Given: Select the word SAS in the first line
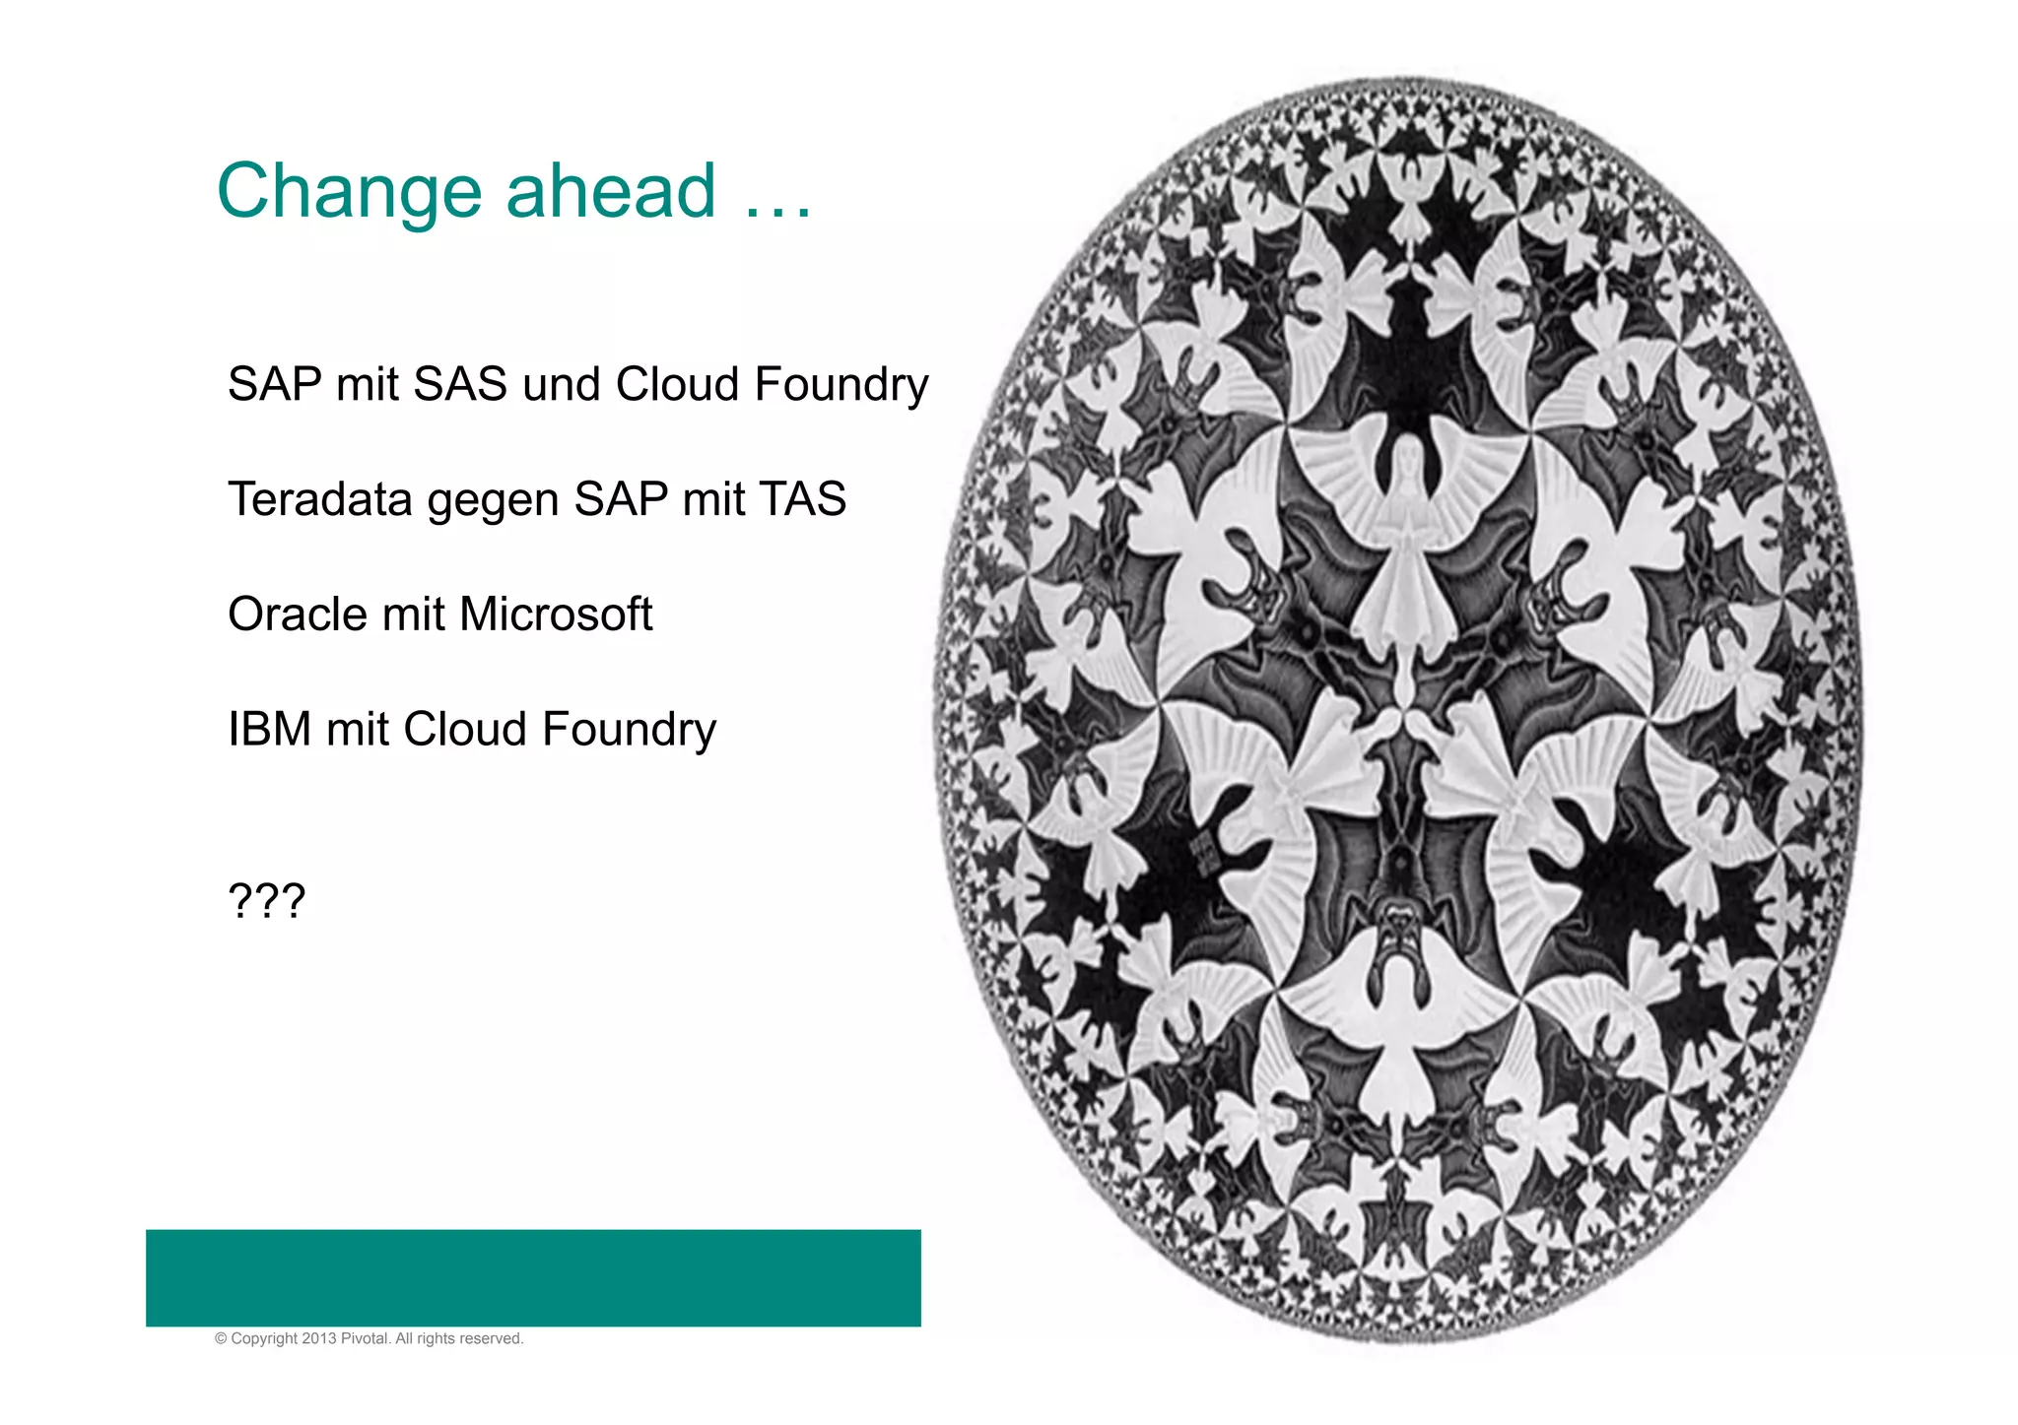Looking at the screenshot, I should coord(460,384).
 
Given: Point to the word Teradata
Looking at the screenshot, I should coord(320,499).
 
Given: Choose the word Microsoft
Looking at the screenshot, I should coord(556,615).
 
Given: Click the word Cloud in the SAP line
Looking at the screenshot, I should coord(677,384).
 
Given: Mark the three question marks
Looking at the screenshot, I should coord(267,901).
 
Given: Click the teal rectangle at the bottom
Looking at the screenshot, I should coord(533,1277).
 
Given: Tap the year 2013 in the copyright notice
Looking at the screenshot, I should coord(319,1339).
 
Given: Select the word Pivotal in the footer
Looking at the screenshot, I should coord(365,1339).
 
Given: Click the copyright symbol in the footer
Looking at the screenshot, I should coord(221,1339).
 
